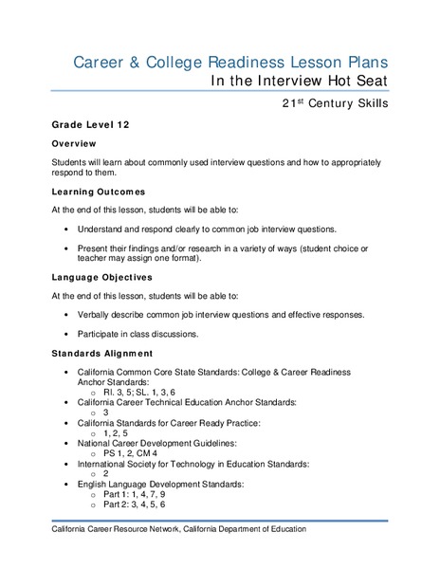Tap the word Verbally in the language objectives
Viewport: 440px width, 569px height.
pyautogui.click(x=96, y=315)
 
